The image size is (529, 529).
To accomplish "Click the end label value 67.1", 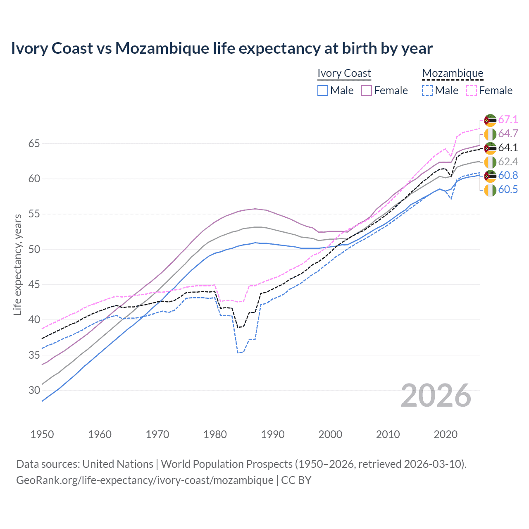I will [x=508, y=120].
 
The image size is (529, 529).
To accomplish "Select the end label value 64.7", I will [x=508, y=134].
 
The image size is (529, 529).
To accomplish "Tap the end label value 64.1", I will [x=508, y=148].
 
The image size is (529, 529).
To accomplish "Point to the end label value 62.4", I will [x=508, y=162].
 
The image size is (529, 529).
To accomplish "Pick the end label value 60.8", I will [x=508, y=176].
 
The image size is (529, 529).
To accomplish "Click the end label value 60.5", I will [x=508, y=190].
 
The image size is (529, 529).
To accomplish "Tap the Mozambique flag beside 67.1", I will [x=490, y=120].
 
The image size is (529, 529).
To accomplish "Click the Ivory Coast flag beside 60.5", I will [x=490, y=190].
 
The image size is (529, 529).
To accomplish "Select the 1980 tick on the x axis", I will [x=215, y=434].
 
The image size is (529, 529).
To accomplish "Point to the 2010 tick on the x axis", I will [x=388, y=434].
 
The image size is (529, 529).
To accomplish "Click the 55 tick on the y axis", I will [x=34, y=214].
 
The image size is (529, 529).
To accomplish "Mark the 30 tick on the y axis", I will [x=34, y=390].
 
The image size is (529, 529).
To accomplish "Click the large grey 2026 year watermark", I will [x=436, y=396].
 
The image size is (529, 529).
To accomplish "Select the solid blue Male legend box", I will [x=323, y=91].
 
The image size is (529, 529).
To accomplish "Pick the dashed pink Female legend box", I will [x=472, y=91].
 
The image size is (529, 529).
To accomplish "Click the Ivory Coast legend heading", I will [x=344, y=73].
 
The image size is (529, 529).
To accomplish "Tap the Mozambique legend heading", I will [x=453, y=73].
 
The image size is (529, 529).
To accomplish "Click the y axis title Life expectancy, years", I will [x=17, y=264].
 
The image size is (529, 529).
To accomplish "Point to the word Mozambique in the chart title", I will [x=162, y=48].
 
